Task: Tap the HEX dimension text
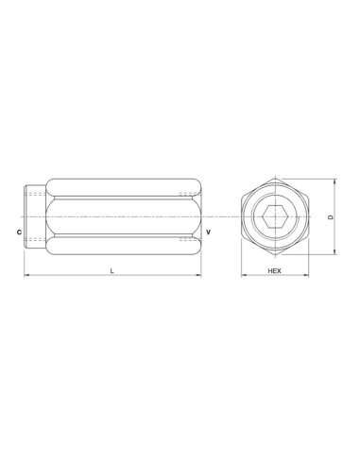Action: [276, 271]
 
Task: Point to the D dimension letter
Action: [329, 217]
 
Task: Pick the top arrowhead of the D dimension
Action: [335, 183]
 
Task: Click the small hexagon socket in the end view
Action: [277, 217]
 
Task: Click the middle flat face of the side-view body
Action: [118, 217]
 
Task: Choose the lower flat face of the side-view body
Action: [118, 246]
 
